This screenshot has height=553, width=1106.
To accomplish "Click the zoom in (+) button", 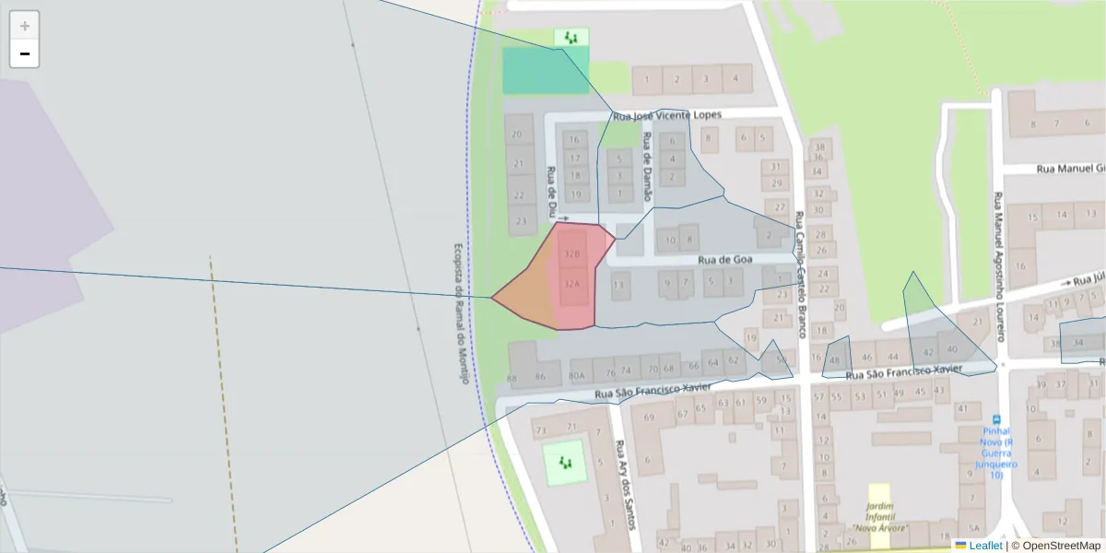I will coord(25,26).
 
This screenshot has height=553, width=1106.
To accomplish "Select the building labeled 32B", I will coord(571,253).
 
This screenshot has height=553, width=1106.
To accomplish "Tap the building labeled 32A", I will coord(571,284).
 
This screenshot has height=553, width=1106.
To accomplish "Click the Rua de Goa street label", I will coord(725,260).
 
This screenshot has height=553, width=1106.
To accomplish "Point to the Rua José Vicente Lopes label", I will coord(667,115).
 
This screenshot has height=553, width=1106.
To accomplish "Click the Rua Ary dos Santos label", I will coord(626,484).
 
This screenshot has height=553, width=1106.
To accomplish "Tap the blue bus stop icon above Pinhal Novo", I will coord(996,418).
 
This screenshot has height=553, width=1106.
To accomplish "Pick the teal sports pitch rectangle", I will coord(545,71).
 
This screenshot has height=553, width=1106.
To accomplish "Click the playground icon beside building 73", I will coord(564,461).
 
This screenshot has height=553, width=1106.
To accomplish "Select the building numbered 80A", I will coord(577,375).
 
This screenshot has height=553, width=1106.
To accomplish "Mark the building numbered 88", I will coord(512,378).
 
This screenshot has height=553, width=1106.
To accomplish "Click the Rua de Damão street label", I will coord(647,166).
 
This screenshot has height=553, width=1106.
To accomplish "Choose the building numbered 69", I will coord(649,418).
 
